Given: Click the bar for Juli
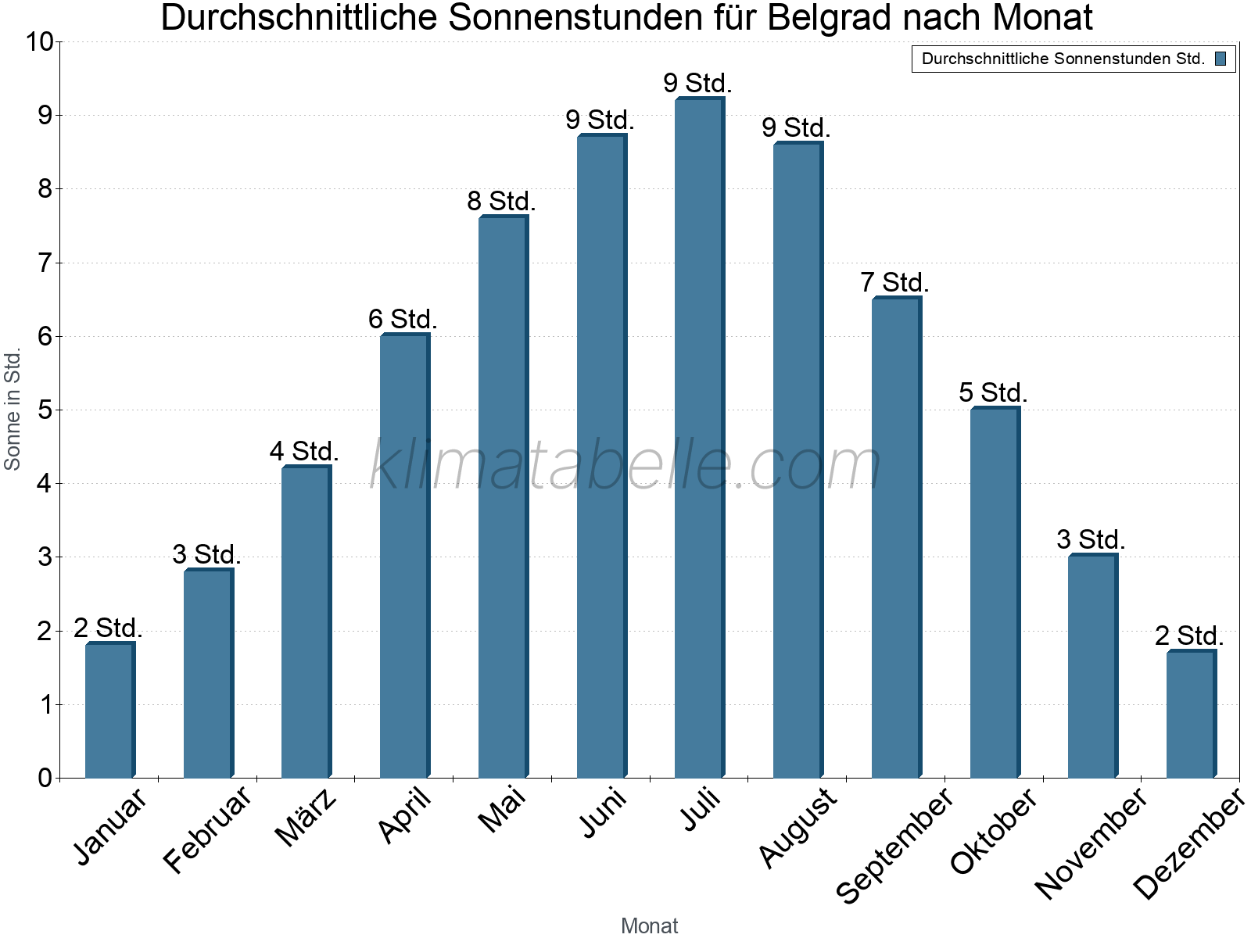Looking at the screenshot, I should pyautogui.click(x=700, y=438).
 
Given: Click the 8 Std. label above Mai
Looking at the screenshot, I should pyautogui.click(x=501, y=202).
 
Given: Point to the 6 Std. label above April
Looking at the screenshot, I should pyautogui.click(x=403, y=320).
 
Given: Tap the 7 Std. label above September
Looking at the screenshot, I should pyautogui.click(x=894, y=283).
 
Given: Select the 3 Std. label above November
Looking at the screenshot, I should pyautogui.click(x=1091, y=540).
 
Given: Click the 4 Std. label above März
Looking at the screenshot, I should pyautogui.click(x=304, y=452).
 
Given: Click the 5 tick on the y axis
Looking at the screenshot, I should pyautogui.click(x=45, y=410).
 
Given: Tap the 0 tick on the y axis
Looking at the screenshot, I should pyautogui.click(x=45, y=779).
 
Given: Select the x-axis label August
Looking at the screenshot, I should pyautogui.click(x=798, y=827).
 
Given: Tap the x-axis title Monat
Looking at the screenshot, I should pyautogui.click(x=649, y=925).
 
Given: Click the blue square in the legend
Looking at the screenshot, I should pyautogui.click(x=1221, y=59).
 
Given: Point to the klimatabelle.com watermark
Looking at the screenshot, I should pyautogui.click(x=625, y=465).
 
